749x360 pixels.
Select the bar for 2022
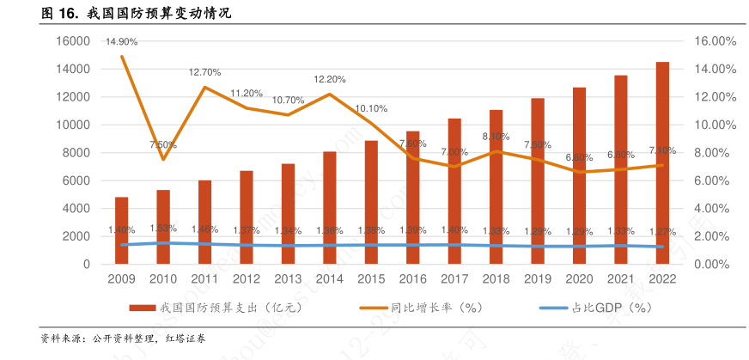tap(663, 163)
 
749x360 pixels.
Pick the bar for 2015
tap(371, 202)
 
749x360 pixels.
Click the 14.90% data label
tap(122, 41)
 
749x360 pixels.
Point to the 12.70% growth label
tap(205, 72)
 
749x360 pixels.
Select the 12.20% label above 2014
tap(330, 79)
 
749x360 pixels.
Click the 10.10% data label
tap(371, 108)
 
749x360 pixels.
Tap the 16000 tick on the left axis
tap(74, 41)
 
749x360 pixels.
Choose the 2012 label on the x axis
tap(247, 279)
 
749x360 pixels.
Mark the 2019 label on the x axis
tap(538, 279)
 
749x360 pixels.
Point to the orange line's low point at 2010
tap(163, 159)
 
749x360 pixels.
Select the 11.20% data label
tap(247, 93)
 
